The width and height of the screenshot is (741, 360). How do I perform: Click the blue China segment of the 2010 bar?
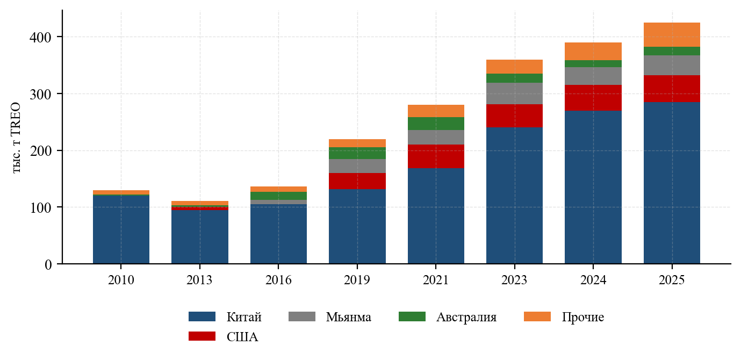click(x=121, y=229)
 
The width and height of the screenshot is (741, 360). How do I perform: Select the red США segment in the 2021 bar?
click(x=436, y=156)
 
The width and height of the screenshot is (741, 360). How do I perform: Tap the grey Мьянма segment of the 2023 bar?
click(x=514, y=93)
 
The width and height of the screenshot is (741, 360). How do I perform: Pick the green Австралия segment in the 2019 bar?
click(x=357, y=153)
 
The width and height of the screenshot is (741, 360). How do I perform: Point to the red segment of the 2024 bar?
click(x=593, y=98)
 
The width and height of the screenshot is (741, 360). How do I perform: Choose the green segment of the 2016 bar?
click(x=278, y=196)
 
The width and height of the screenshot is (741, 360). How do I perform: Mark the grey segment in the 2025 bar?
click(x=672, y=66)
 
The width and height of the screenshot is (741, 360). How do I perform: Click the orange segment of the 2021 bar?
click(x=436, y=111)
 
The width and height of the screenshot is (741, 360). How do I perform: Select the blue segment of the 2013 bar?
click(x=200, y=237)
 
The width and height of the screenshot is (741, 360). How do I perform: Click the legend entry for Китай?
click(x=225, y=317)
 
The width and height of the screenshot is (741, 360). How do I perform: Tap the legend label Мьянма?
click(x=349, y=317)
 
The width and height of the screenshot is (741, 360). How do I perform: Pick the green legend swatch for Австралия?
click(x=412, y=316)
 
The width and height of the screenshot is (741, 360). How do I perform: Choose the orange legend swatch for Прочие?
click(x=537, y=316)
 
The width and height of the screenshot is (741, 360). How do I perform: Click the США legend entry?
click(x=224, y=336)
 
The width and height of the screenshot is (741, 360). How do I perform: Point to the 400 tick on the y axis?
click(x=41, y=37)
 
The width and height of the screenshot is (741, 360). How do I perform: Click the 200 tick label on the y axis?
click(x=41, y=151)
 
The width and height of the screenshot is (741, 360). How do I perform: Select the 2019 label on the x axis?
click(x=357, y=280)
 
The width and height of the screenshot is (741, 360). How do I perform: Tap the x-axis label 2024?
click(x=593, y=280)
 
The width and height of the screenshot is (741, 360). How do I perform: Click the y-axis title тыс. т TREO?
click(x=16, y=138)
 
